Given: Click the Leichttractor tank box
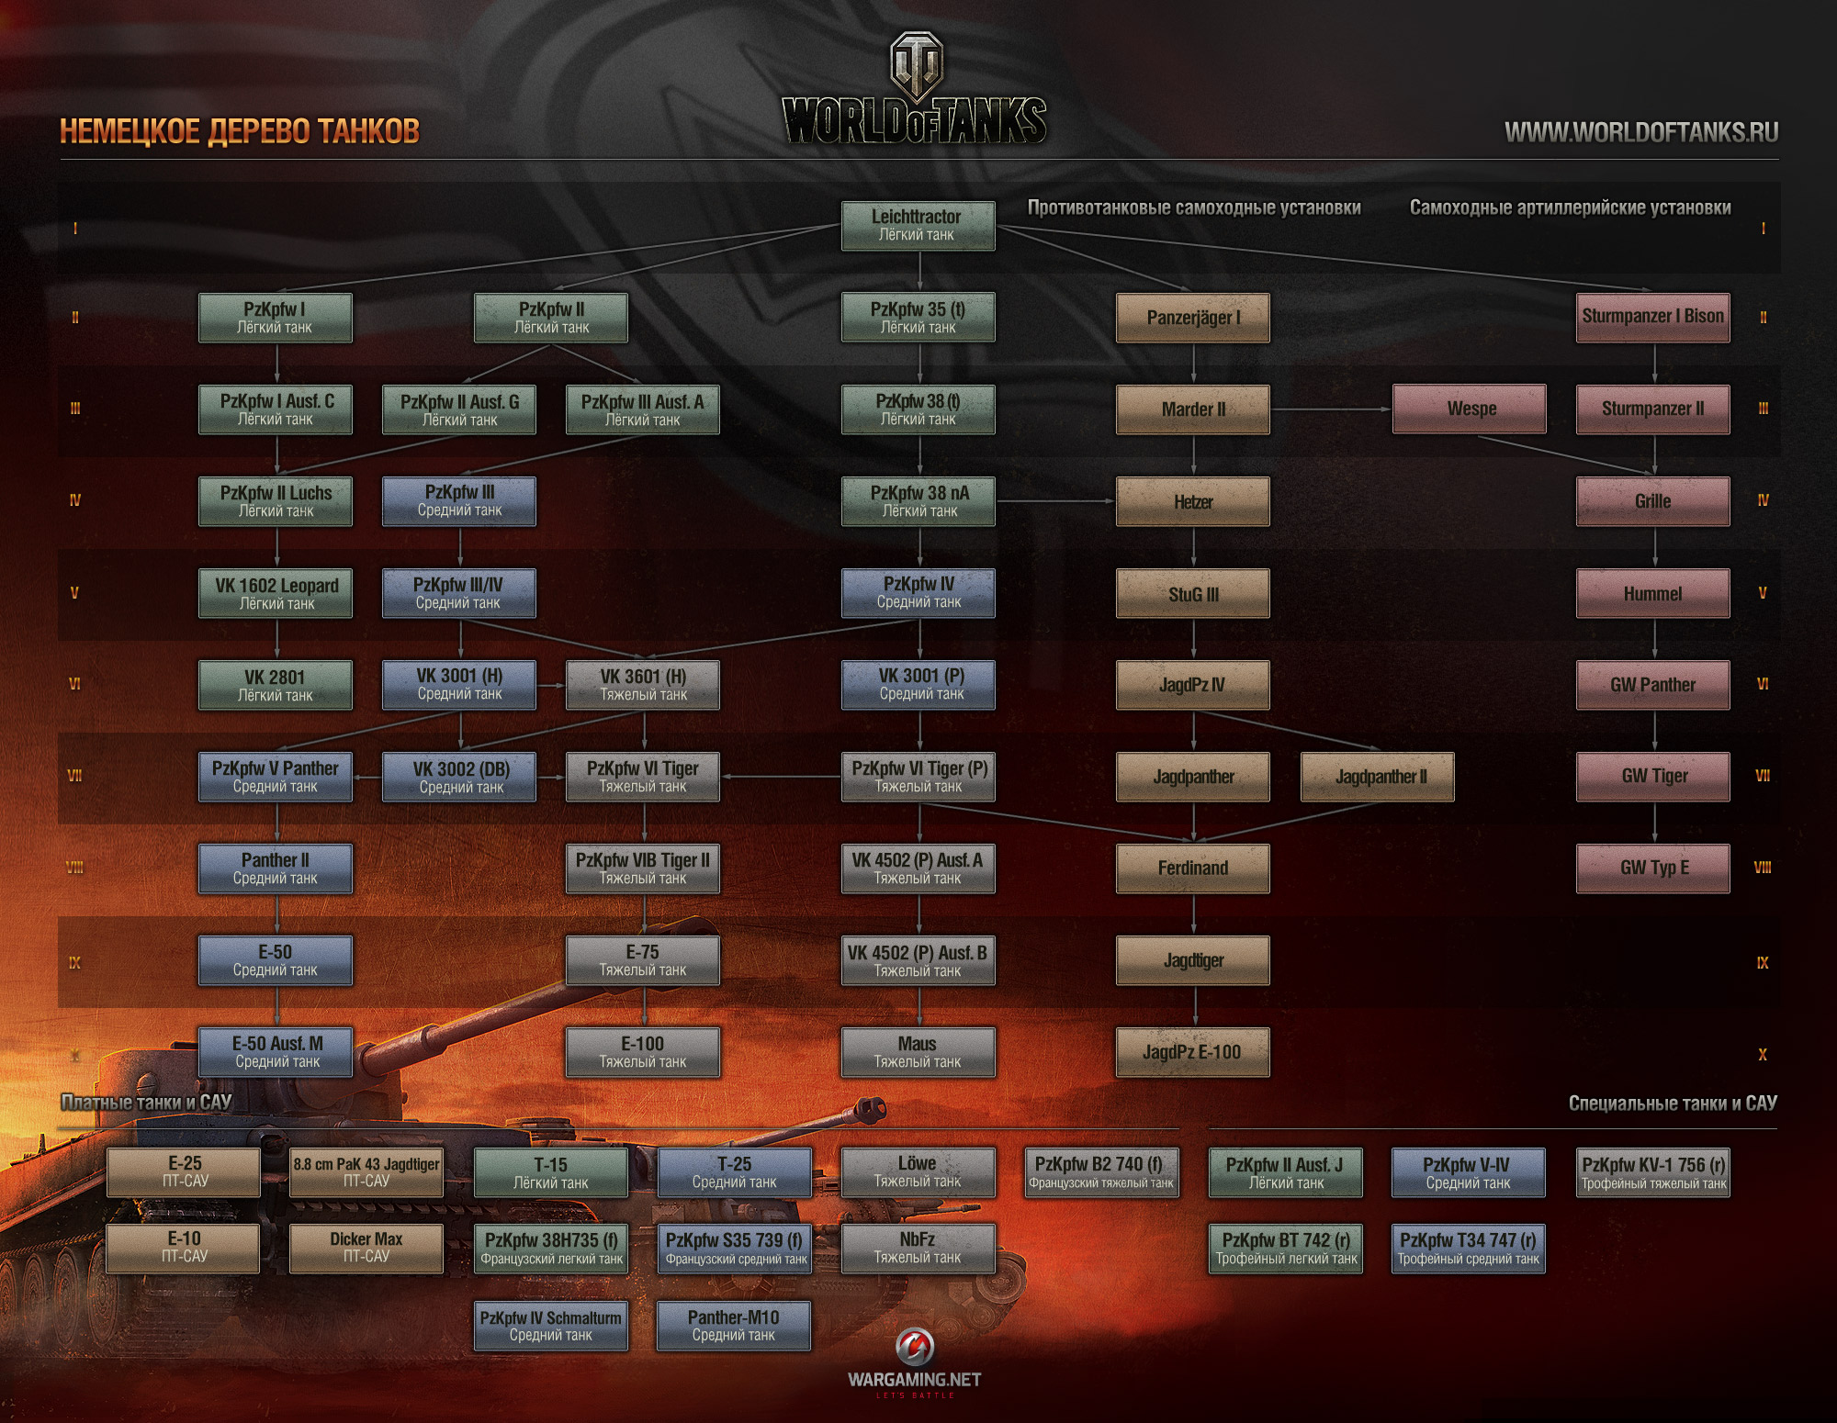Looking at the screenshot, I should click(x=918, y=226).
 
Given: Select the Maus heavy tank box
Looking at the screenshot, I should click(x=918, y=1052).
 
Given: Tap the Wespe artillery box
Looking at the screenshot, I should click(x=1470, y=409).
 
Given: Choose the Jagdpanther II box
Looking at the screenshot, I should click(x=1378, y=777).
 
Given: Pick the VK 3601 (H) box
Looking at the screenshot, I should click(x=643, y=685).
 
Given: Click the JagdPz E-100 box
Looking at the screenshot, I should click(x=1192, y=1052).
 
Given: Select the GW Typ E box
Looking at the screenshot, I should click(x=1653, y=868).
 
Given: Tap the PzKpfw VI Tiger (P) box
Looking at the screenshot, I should click(x=918, y=777).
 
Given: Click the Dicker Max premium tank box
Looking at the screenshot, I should click(x=366, y=1248).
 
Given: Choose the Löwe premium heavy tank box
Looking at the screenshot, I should click(x=918, y=1172).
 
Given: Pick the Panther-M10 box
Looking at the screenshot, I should click(x=734, y=1326).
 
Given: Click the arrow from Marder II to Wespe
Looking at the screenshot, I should click(x=1332, y=409).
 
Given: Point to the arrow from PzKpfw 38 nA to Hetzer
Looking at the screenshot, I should click(x=1056, y=501).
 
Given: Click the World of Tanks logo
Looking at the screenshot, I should click(x=915, y=92).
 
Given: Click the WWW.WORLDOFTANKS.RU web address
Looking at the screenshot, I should click(x=1641, y=133).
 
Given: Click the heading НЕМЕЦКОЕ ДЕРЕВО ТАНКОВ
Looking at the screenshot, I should click(x=240, y=131).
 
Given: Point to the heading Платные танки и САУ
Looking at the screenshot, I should click(x=146, y=1103).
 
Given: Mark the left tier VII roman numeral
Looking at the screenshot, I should click(x=75, y=777).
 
